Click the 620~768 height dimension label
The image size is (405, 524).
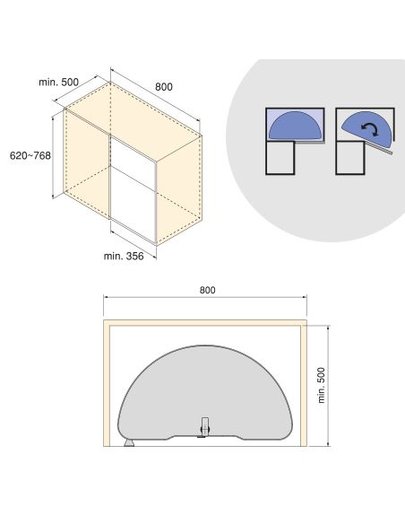30,155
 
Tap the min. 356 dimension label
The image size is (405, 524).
124,256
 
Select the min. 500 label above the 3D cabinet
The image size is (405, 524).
59,82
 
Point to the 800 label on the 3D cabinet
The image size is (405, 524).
164,87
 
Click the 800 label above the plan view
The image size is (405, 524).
207,290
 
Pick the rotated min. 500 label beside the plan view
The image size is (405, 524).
321,385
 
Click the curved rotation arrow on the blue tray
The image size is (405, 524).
370,129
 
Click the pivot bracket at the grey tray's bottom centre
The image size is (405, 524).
204,426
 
